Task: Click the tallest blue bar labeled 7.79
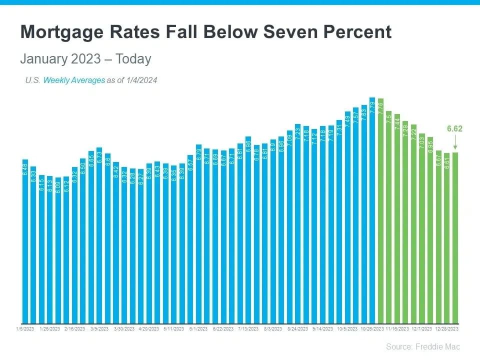pos(372,210)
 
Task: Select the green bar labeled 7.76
pos(380,210)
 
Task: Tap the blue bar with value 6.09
pos(58,250)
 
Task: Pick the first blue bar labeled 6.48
pos(25,240)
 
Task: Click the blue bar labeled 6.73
pos(99,235)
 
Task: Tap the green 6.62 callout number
pos(454,128)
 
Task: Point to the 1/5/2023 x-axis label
pos(25,329)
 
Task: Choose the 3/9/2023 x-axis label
pos(99,329)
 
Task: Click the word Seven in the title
pos(291,32)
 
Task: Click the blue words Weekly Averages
pos(74,80)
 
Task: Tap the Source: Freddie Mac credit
pos(422,346)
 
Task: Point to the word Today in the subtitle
pos(133,59)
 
